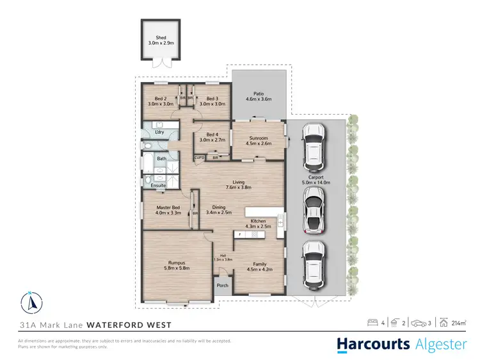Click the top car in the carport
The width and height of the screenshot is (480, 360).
(314, 143)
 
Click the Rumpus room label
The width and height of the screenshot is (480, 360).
(177, 261)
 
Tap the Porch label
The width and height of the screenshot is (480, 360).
(223, 286)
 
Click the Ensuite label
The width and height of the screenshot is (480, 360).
(158, 186)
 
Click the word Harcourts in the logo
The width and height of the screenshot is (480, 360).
(374, 344)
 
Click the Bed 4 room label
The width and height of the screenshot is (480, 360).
(208, 133)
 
